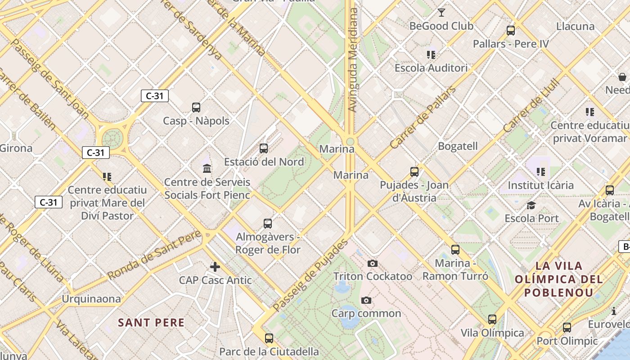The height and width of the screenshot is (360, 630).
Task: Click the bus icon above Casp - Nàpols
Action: coord(196,108)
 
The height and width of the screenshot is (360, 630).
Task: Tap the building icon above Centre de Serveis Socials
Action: coord(207,169)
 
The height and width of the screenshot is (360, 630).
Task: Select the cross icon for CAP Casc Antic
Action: coord(215,267)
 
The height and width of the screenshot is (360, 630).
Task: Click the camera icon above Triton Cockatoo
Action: coord(373,263)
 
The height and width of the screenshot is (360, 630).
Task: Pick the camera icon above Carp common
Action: coord(366,300)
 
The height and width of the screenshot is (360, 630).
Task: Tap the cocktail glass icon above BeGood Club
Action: coord(441,13)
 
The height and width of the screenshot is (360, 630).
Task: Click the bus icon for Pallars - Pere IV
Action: coord(511,31)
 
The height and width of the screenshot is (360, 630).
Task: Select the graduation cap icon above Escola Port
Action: coord(531,206)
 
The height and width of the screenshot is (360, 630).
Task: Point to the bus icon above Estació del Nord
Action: coord(264,148)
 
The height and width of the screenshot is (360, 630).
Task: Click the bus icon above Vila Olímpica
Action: coord(492,319)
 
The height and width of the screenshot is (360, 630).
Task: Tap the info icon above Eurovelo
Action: coord(613,311)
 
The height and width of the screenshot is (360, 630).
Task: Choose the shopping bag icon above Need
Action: coord(622,77)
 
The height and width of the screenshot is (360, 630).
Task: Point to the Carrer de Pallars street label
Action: coord(423,117)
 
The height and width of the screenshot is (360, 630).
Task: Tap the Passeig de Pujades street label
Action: coord(310,275)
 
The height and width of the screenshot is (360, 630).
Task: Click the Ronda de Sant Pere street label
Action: coord(154,255)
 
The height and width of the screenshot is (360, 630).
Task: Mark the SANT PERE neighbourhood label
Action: coord(151,323)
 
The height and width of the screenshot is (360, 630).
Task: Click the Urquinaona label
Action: coord(91,299)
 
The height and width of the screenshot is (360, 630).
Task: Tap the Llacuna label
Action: coord(575,26)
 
